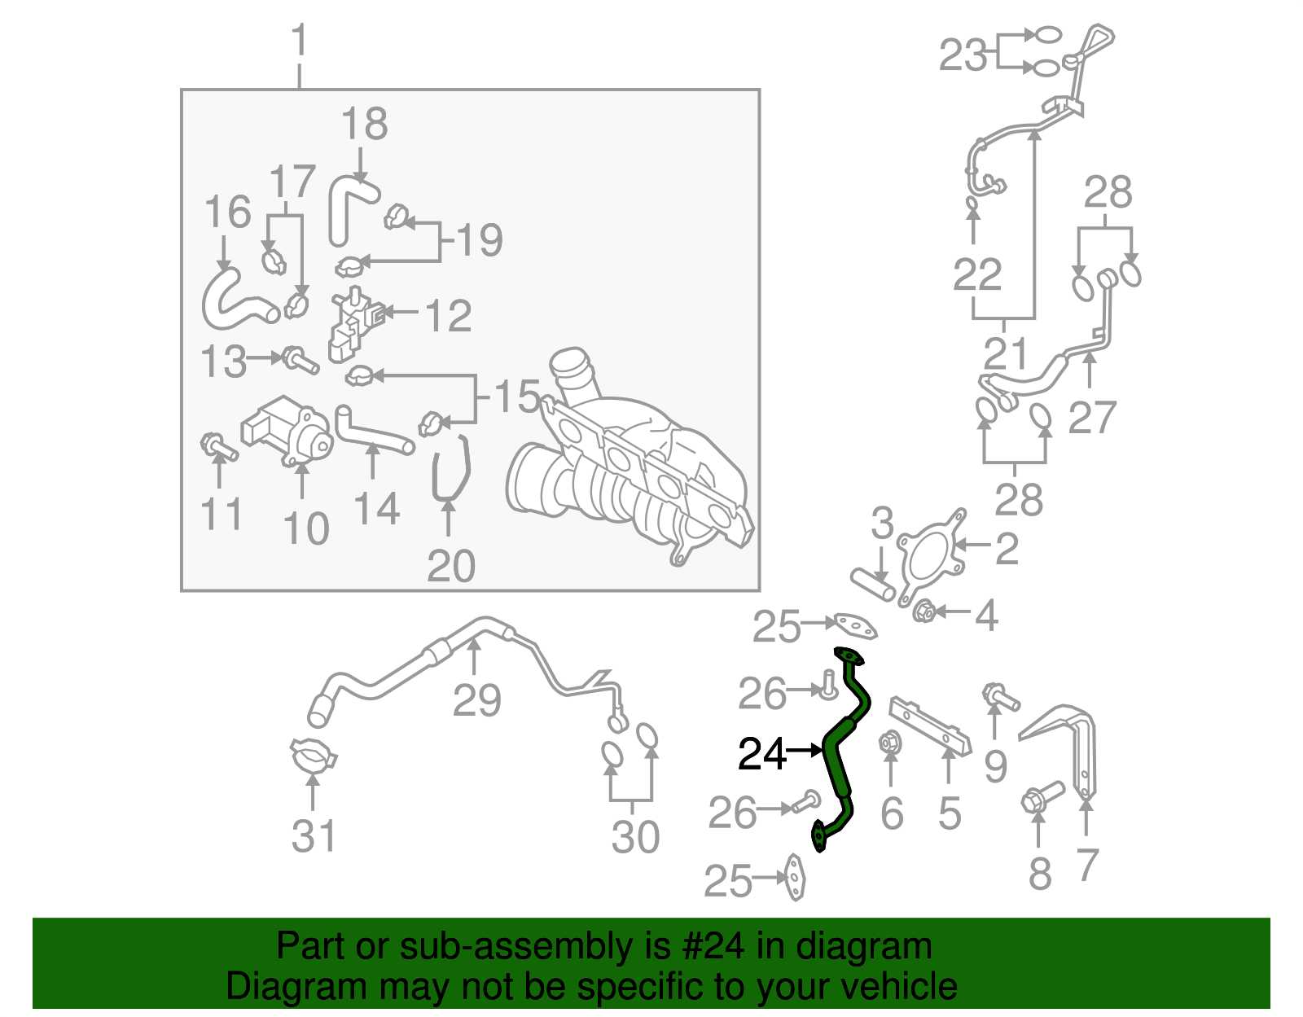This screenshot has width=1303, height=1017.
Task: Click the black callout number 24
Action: (761, 754)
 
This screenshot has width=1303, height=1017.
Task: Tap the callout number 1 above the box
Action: (300, 41)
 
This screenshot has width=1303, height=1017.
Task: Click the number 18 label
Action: (364, 125)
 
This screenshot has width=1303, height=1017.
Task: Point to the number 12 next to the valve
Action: (449, 316)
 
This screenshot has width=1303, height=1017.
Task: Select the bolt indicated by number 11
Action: (217, 446)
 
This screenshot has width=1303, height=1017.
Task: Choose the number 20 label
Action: (450, 566)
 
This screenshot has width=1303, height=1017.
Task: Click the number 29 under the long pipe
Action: (476, 700)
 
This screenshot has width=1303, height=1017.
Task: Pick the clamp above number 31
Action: (313, 755)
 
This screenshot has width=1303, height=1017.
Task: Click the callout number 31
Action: (314, 836)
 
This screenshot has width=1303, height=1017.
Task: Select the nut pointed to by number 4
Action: (923, 611)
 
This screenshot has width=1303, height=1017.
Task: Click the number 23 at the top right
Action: (963, 55)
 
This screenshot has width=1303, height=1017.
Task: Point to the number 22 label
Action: (976, 274)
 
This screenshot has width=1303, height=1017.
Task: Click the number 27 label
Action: (1091, 418)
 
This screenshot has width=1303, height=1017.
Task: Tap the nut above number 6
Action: (889, 743)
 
